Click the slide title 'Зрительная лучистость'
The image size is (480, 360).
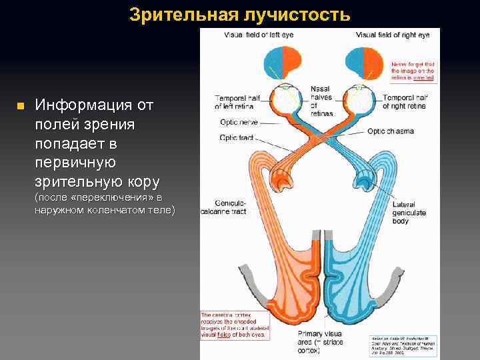[x=239, y=14]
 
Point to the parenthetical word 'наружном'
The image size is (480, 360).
[x=60, y=210]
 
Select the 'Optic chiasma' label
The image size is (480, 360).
[x=391, y=131]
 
